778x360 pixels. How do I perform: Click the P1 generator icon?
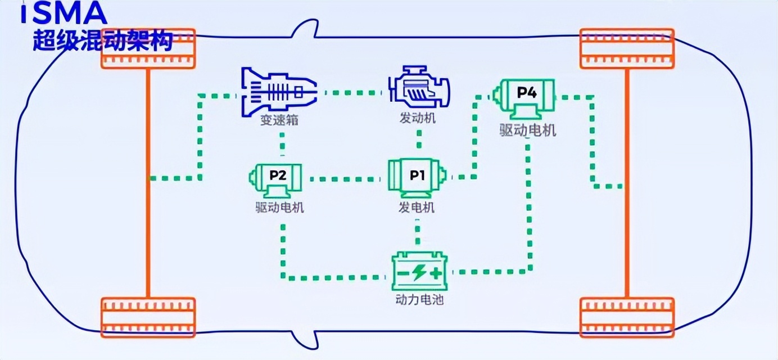click(x=417, y=179)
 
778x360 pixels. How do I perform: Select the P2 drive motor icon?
click(x=276, y=181)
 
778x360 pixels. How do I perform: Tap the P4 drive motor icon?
click(x=524, y=99)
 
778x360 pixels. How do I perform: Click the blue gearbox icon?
click(x=279, y=92)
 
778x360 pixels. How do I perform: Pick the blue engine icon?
click(x=419, y=88)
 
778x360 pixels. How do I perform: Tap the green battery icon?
click(x=419, y=271)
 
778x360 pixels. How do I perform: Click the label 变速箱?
click(x=279, y=120)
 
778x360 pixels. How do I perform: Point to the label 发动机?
click(x=418, y=118)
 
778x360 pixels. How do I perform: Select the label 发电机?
click(x=417, y=208)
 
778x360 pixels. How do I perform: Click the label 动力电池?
click(x=419, y=300)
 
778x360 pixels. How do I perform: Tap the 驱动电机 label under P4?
click(x=528, y=130)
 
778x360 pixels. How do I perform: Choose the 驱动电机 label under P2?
click(x=279, y=208)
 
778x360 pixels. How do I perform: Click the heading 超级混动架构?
click(x=103, y=40)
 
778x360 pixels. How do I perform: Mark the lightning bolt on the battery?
click(x=419, y=272)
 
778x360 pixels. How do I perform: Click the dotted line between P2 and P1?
click(x=345, y=179)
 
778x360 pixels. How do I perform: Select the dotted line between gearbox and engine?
click(x=353, y=93)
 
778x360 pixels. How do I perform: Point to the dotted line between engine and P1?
click(x=419, y=139)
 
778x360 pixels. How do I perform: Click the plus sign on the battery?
click(x=436, y=273)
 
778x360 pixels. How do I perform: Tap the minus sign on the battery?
click(x=403, y=273)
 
